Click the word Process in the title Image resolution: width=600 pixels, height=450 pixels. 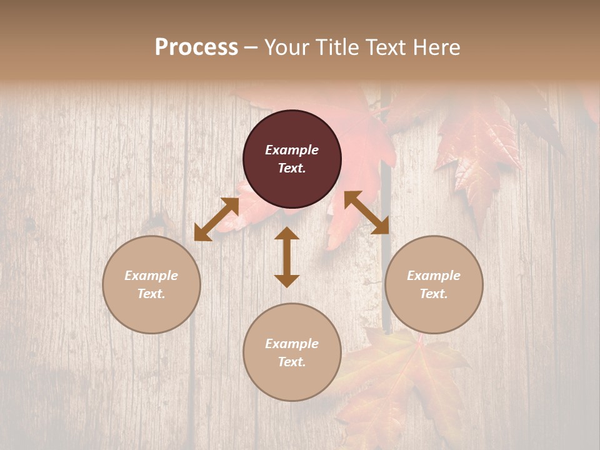pos(196,47)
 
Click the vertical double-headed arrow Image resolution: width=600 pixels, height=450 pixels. pos(287,257)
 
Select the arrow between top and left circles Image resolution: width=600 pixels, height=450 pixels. pos(216,219)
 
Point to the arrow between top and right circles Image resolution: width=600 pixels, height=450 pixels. pos(366,212)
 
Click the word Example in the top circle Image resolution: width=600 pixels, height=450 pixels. pos(292,150)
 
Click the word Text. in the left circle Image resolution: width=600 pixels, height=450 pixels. pos(151,294)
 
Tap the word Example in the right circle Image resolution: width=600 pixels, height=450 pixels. pos(434,276)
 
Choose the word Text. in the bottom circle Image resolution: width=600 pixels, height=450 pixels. pos(292,362)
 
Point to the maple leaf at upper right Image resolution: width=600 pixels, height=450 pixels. pos(478,150)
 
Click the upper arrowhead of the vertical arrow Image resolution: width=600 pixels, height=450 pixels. pos(287,234)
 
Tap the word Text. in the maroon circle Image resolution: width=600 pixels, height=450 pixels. pos(292,168)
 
